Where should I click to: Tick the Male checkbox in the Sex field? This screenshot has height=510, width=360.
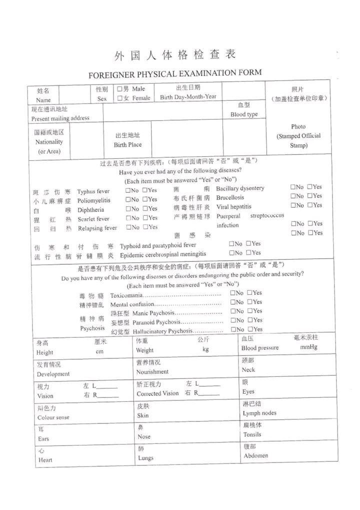(120, 89)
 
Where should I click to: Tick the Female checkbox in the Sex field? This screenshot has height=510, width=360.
(120, 99)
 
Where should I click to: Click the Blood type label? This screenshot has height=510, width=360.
(244, 115)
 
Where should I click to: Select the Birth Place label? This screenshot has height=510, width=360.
(127, 145)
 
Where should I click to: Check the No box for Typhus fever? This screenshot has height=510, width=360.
(128, 191)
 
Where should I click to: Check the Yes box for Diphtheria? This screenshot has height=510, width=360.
(145, 209)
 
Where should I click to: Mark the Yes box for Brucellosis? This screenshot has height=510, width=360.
(310, 196)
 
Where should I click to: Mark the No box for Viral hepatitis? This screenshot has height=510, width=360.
(293, 205)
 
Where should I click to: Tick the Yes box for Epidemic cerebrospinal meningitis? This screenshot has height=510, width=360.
(248, 253)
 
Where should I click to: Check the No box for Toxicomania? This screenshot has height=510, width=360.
(233, 293)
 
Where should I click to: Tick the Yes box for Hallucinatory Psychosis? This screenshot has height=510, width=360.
(250, 329)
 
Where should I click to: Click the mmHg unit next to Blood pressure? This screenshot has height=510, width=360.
(308, 347)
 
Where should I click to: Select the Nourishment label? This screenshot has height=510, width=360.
(152, 372)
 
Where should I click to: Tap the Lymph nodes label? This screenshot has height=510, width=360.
(259, 413)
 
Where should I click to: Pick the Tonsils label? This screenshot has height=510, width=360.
(252, 434)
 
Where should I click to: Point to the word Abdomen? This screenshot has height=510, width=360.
(255, 456)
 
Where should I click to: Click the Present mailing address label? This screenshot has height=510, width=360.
(60, 119)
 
